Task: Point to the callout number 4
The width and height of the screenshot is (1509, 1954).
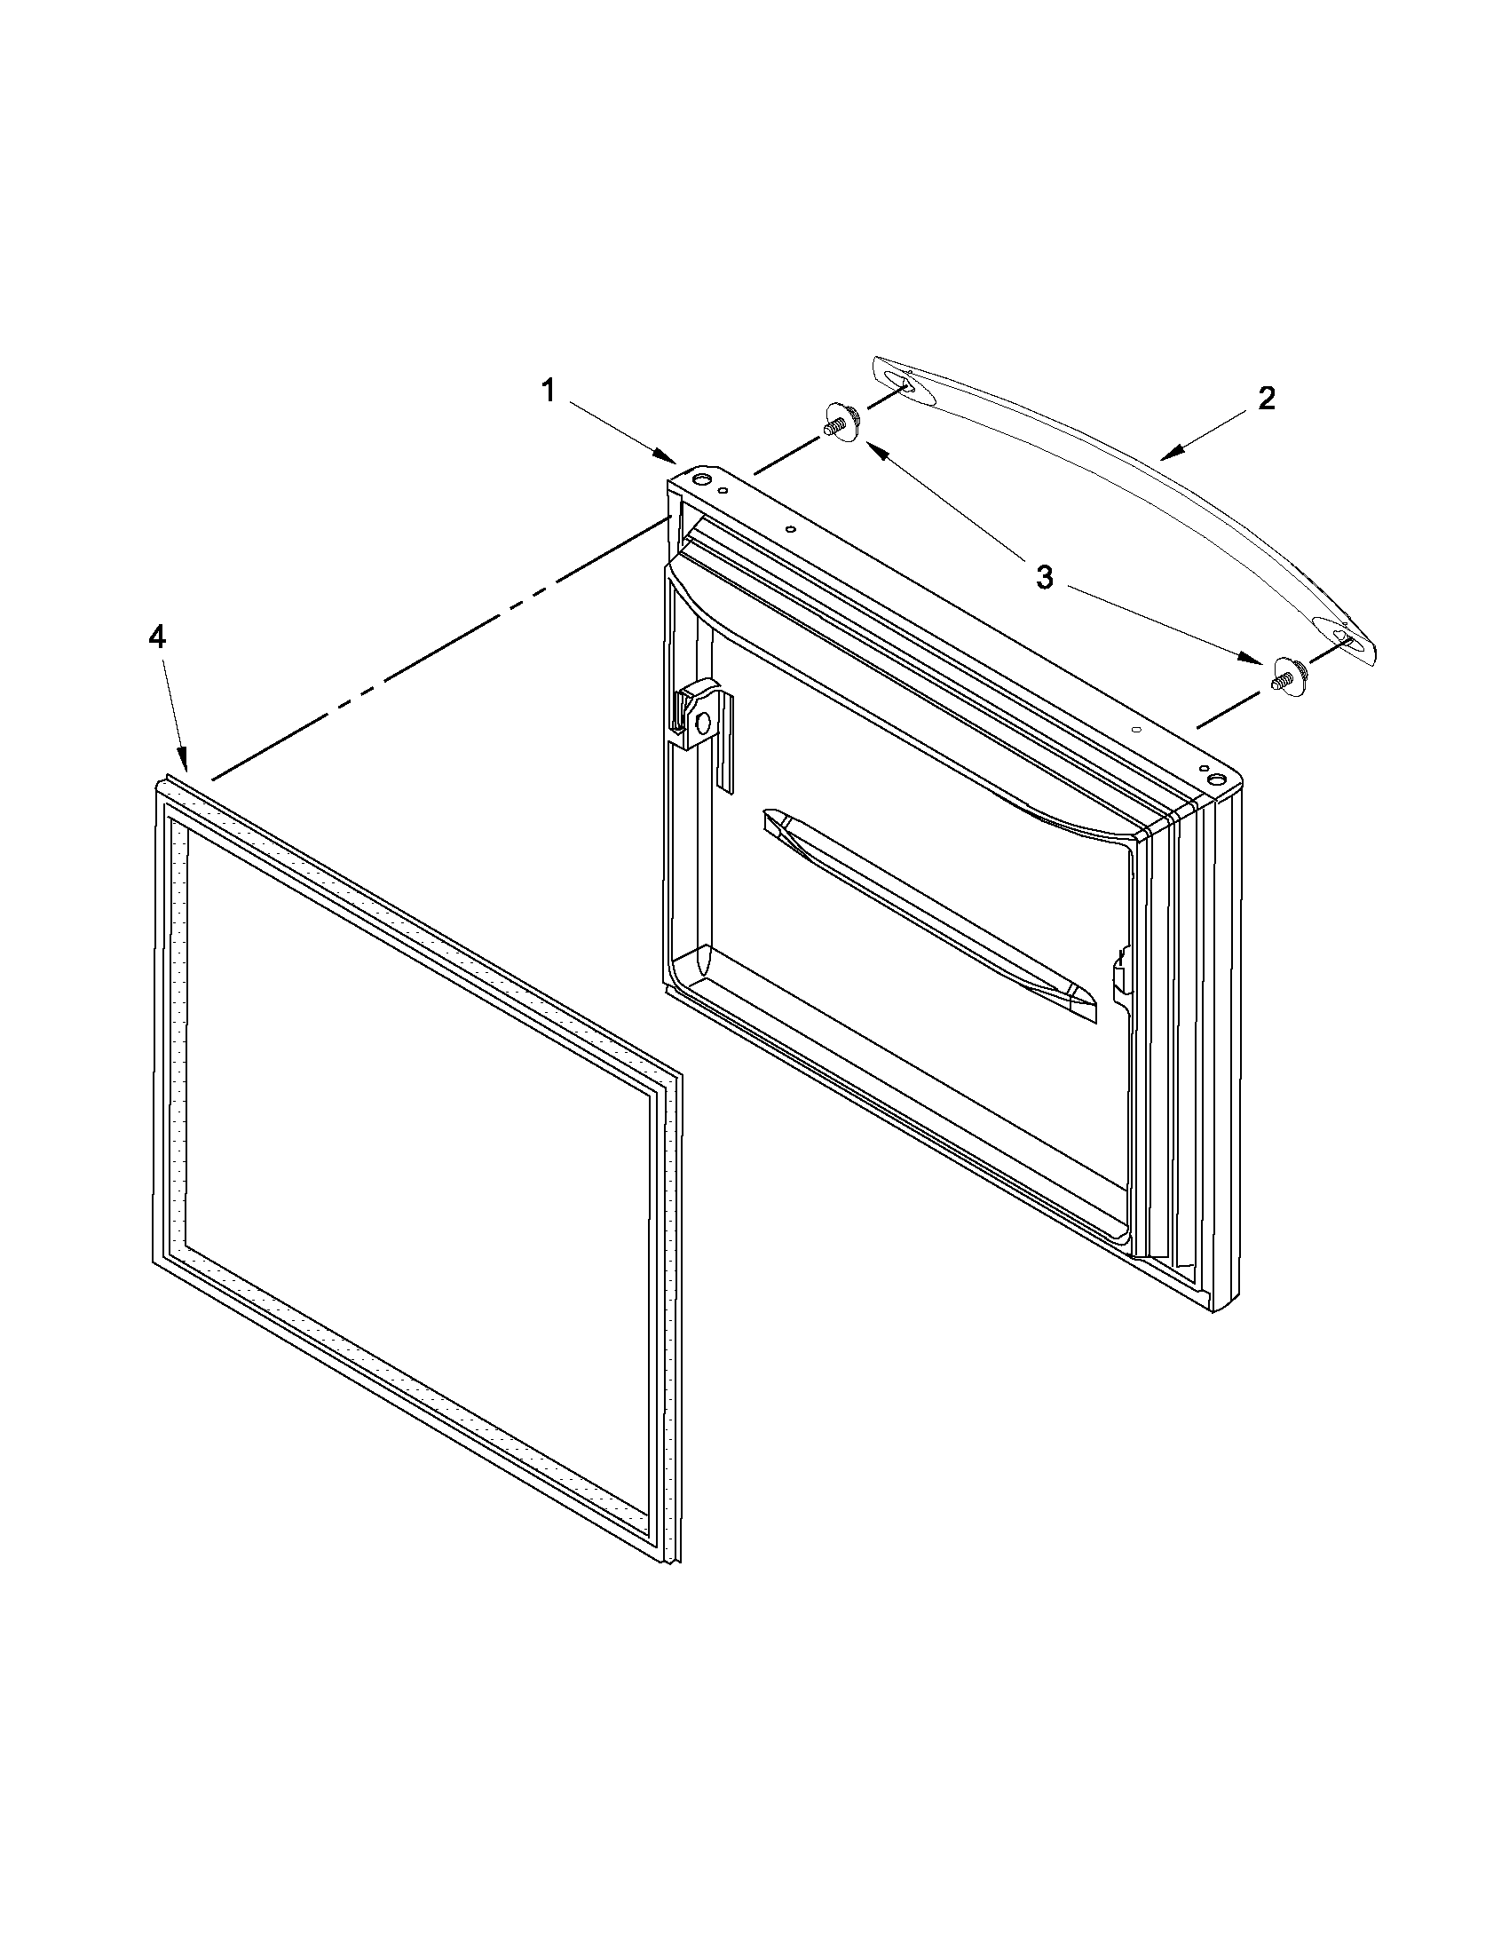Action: (156, 637)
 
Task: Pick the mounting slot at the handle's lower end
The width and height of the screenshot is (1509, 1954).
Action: (1341, 635)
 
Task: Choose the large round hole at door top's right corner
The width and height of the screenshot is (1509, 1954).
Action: (1215, 781)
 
